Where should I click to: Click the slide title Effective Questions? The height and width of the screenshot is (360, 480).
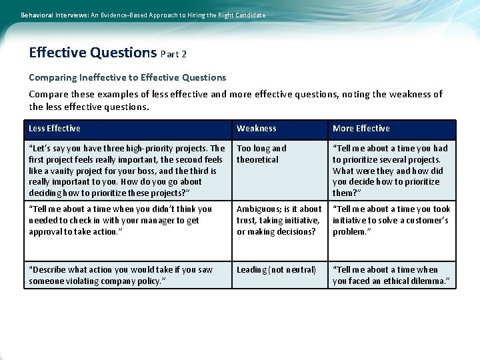pyautogui.click(x=93, y=53)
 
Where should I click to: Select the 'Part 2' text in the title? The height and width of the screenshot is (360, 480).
pyautogui.click(x=173, y=54)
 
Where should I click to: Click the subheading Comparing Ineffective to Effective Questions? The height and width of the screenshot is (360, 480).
pyautogui.click(x=127, y=77)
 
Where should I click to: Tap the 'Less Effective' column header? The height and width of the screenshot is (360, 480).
pyautogui.click(x=55, y=129)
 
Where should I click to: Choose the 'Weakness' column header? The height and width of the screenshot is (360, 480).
pyautogui.click(x=256, y=129)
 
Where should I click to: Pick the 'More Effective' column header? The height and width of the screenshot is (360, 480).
pyautogui.click(x=361, y=129)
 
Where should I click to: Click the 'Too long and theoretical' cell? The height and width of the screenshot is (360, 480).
pyautogui.click(x=261, y=154)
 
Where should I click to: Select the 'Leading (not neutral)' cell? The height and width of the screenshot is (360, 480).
pyautogui.click(x=276, y=270)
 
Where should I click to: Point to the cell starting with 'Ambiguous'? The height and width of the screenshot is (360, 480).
pyautogui.click(x=279, y=220)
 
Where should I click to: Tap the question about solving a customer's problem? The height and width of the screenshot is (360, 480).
pyautogui.click(x=391, y=220)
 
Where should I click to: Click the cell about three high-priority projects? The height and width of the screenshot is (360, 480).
pyautogui.click(x=127, y=171)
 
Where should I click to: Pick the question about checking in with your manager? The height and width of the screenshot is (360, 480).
pyautogui.click(x=120, y=220)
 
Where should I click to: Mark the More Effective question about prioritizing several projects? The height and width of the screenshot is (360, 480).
pyautogui.click(x=390, y=171)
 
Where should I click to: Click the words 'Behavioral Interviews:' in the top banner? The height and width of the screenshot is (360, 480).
pyautogui.click(x=49, y=15)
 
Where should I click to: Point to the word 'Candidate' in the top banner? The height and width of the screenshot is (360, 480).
pyautogui.click(x=247, y=15)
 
